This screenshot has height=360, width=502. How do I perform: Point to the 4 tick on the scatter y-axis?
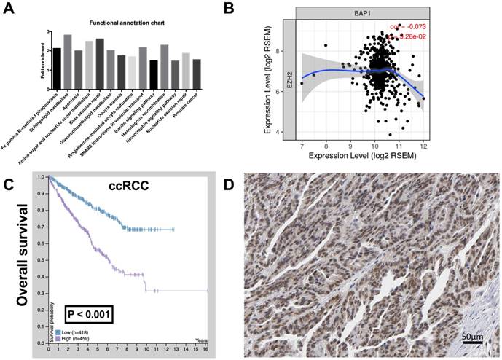[308, 132]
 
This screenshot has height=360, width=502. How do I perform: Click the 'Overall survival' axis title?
[27, 259]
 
